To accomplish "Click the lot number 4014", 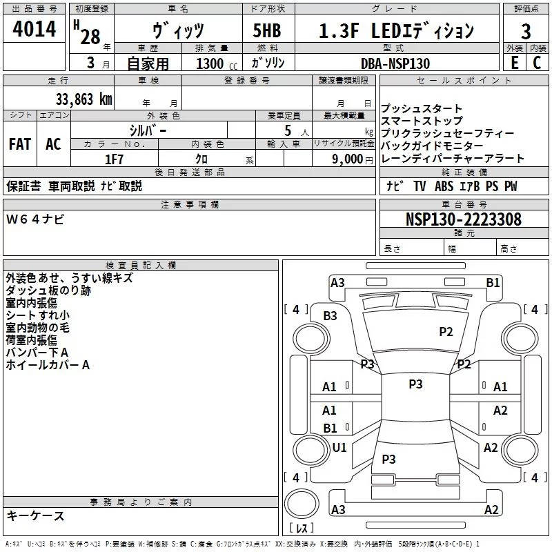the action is coord(34,29).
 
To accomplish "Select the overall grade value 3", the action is coord(526,32).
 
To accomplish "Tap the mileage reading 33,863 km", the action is coord(84,99).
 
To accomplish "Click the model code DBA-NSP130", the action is coord(395,63).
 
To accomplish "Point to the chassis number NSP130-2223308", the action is coord(464,219).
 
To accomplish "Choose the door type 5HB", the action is coord(267,30).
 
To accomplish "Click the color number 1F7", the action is coord(114,159).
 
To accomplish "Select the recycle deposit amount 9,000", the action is coord(348,159).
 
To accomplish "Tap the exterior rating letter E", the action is coord(514,63).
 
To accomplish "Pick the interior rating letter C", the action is coord(537,63).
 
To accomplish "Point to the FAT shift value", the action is coord(20,144).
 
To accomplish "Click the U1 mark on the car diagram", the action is coord(339,447).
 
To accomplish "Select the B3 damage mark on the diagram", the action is coord(330,316).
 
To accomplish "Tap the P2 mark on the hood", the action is coord(446,332).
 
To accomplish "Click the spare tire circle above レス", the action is coord(302,504).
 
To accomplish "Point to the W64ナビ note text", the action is coord(35,219).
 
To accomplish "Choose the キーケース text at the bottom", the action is coord(36,516).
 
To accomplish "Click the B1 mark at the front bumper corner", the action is coord(493,283).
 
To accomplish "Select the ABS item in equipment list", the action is coord(444,186).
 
